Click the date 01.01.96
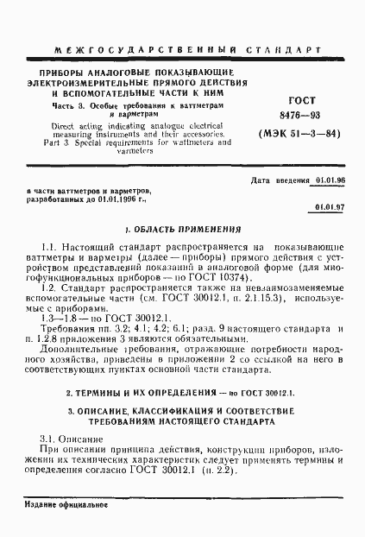(x=330, y=180)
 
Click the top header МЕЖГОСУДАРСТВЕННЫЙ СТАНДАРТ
(x=182, y=51)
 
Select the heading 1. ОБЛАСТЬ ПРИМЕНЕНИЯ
(x=182, y=231)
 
